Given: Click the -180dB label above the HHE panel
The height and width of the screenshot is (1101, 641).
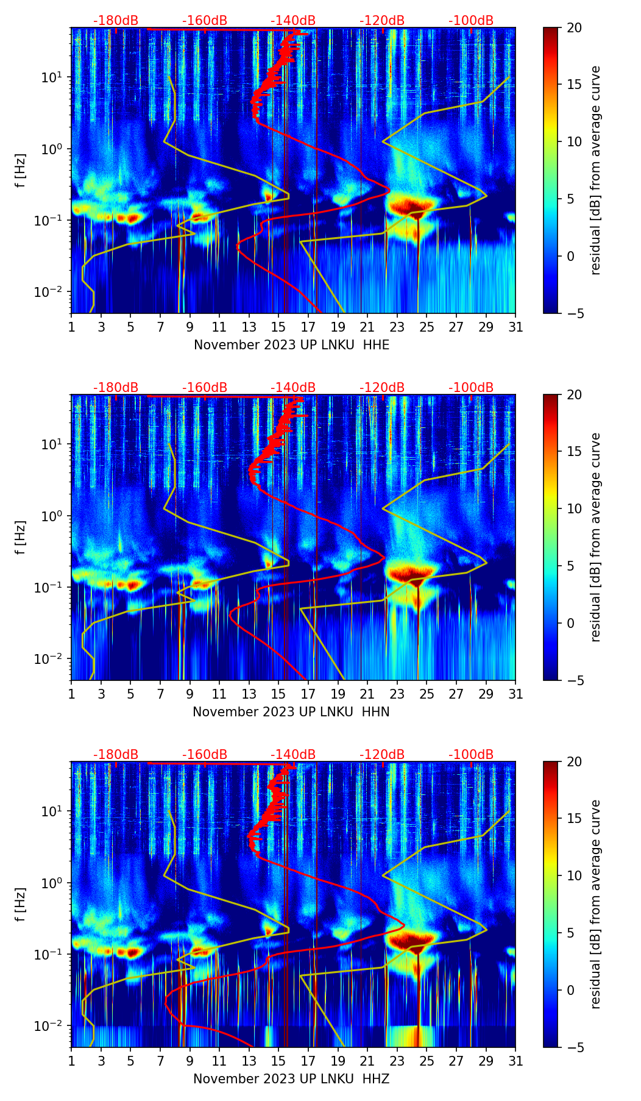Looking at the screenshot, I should tap(116, 21).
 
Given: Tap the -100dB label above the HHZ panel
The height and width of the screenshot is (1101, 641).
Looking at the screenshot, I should tap(471, 755).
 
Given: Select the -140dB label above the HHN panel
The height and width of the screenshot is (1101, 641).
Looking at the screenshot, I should tap(293, 388).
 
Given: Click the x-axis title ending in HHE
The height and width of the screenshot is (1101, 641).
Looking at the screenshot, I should tap(291, 345).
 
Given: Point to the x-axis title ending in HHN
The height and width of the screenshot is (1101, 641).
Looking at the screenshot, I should tap(291, 712).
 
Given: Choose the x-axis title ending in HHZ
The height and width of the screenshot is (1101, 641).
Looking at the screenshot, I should tap(291, 1079).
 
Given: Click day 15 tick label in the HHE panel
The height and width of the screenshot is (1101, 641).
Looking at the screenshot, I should tap(278, 327).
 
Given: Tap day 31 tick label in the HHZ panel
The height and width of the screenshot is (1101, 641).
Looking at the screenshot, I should tap(515, 1061).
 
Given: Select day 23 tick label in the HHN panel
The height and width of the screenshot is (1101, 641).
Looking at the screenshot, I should tap(397, 694).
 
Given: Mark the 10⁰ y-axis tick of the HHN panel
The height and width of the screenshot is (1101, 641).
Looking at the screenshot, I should tap(53, 516).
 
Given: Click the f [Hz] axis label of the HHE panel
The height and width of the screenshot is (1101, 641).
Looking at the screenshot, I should tap(21, 171).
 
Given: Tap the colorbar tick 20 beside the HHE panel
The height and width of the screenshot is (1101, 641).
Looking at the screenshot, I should tap(574, 27).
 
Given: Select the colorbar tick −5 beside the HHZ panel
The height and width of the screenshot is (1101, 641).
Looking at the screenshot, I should tap(574, 1047).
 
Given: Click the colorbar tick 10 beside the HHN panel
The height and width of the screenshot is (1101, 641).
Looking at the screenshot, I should tap(574, 508).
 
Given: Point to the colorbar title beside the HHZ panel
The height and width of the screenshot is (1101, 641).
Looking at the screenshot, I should tap(595, 904).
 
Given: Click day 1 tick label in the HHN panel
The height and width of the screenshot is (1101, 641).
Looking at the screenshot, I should tap(71, 694).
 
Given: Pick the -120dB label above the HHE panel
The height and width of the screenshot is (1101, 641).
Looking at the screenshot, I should tap(382, 21).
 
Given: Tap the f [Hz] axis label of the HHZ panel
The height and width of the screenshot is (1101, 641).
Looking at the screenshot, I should tap(21, 905).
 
